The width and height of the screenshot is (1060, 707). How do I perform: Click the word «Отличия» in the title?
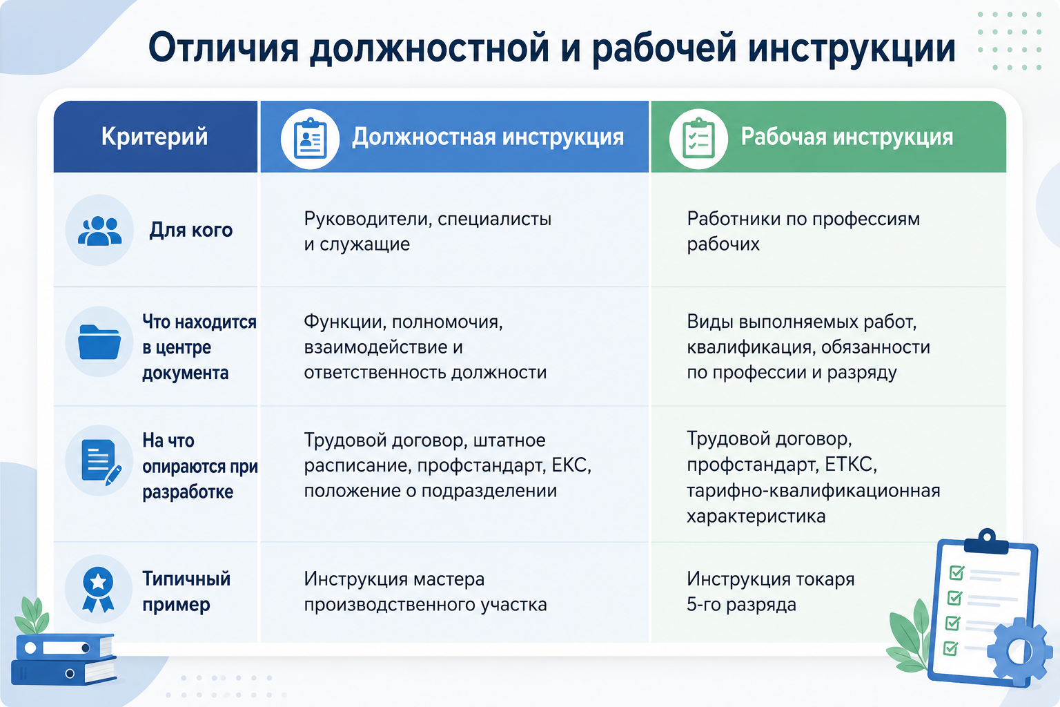(224, 48)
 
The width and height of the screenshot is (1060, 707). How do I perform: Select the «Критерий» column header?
(155, 137)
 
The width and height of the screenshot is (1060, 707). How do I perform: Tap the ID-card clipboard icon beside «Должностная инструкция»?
(310, 138)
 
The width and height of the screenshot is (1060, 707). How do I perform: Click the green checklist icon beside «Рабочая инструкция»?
(698, 138)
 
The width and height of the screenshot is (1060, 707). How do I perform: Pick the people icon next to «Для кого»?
(99, 231)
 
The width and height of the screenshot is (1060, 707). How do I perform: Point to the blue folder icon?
(99, 342)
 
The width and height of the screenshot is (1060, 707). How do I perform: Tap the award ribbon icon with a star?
(98, 590)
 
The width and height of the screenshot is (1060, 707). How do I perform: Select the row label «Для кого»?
(191, 230)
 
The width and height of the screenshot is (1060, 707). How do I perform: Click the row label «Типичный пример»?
(186, 592)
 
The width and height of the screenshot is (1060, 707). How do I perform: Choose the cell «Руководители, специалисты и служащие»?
(427, 231)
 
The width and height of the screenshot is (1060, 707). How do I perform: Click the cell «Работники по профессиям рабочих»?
(803, 231)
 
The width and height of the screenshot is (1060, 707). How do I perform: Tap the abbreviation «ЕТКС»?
(850, 464)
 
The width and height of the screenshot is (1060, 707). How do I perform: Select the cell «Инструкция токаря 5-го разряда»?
(770, 592)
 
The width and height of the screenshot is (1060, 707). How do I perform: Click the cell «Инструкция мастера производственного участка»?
(425, 592)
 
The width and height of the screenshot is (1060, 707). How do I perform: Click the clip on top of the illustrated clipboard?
(987, 541)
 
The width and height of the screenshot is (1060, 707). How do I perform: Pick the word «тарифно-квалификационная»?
(813, 491)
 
